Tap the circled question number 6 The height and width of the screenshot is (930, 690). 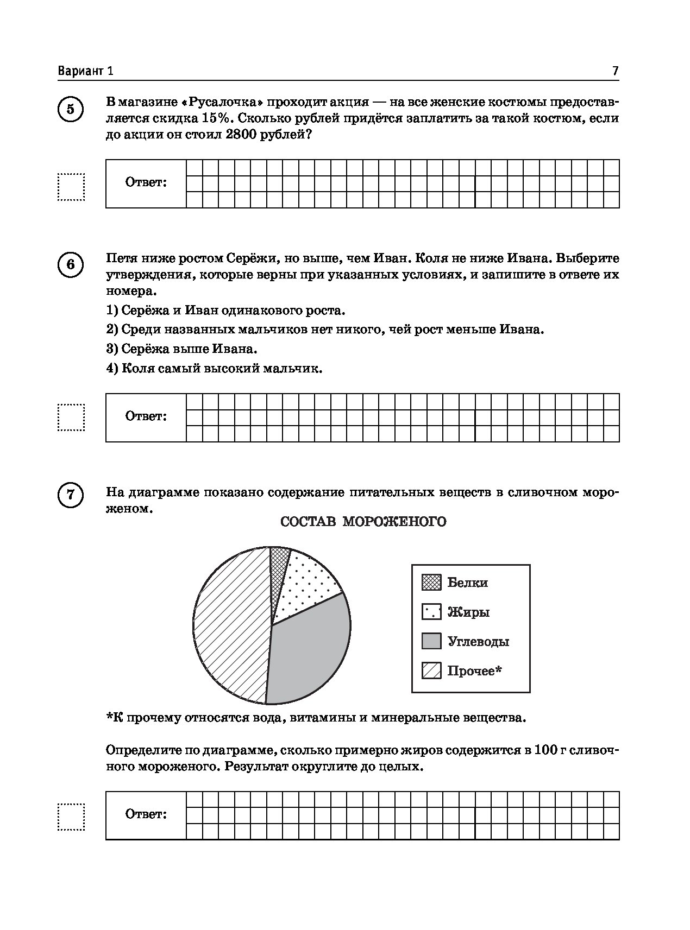tap(71, 265)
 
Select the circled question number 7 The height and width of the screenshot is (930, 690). tap(71, 495)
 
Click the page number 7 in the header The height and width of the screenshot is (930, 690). tap(615, 71)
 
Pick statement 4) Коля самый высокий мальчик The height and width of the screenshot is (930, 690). tap(214, 369)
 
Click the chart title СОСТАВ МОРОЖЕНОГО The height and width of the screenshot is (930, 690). tap(363, 522)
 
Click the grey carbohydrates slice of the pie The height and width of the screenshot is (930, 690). tap(310, 651)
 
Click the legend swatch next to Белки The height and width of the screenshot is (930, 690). tap(431, 583)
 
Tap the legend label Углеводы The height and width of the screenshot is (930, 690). tap(478, 642)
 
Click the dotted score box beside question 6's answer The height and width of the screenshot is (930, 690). tap(71, 417)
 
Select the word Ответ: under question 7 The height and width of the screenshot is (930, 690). tap(146, 814)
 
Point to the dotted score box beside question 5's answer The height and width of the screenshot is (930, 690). tap(71, 187)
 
